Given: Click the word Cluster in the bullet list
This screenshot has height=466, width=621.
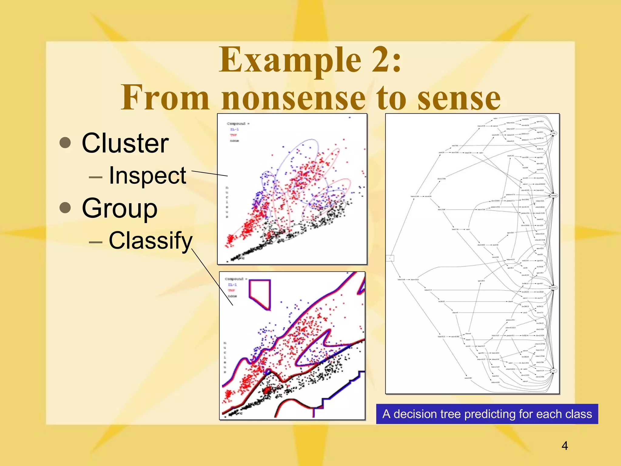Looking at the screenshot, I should point(125,143).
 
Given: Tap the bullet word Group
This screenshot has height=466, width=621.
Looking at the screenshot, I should point(119,208).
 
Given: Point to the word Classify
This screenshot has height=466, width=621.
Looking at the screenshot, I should point(150,241).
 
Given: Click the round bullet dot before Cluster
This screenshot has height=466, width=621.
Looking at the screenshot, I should point(65,143).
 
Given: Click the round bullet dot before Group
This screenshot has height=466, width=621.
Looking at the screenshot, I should point(65,208).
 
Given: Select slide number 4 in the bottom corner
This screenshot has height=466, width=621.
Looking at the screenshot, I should point(565,446).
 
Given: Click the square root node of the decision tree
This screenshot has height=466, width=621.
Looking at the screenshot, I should point(390,258).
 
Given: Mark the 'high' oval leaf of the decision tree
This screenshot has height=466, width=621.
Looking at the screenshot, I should point(554,133).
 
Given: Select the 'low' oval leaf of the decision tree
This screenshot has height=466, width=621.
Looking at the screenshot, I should point(554,371).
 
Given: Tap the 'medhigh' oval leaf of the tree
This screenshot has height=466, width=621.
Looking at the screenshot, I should point(554,196).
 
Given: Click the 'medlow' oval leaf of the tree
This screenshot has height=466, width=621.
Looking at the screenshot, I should point(554,288).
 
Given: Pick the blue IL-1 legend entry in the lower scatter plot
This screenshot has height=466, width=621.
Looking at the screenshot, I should point(232,285).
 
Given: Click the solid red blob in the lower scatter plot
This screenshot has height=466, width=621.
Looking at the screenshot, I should point(267,390).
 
